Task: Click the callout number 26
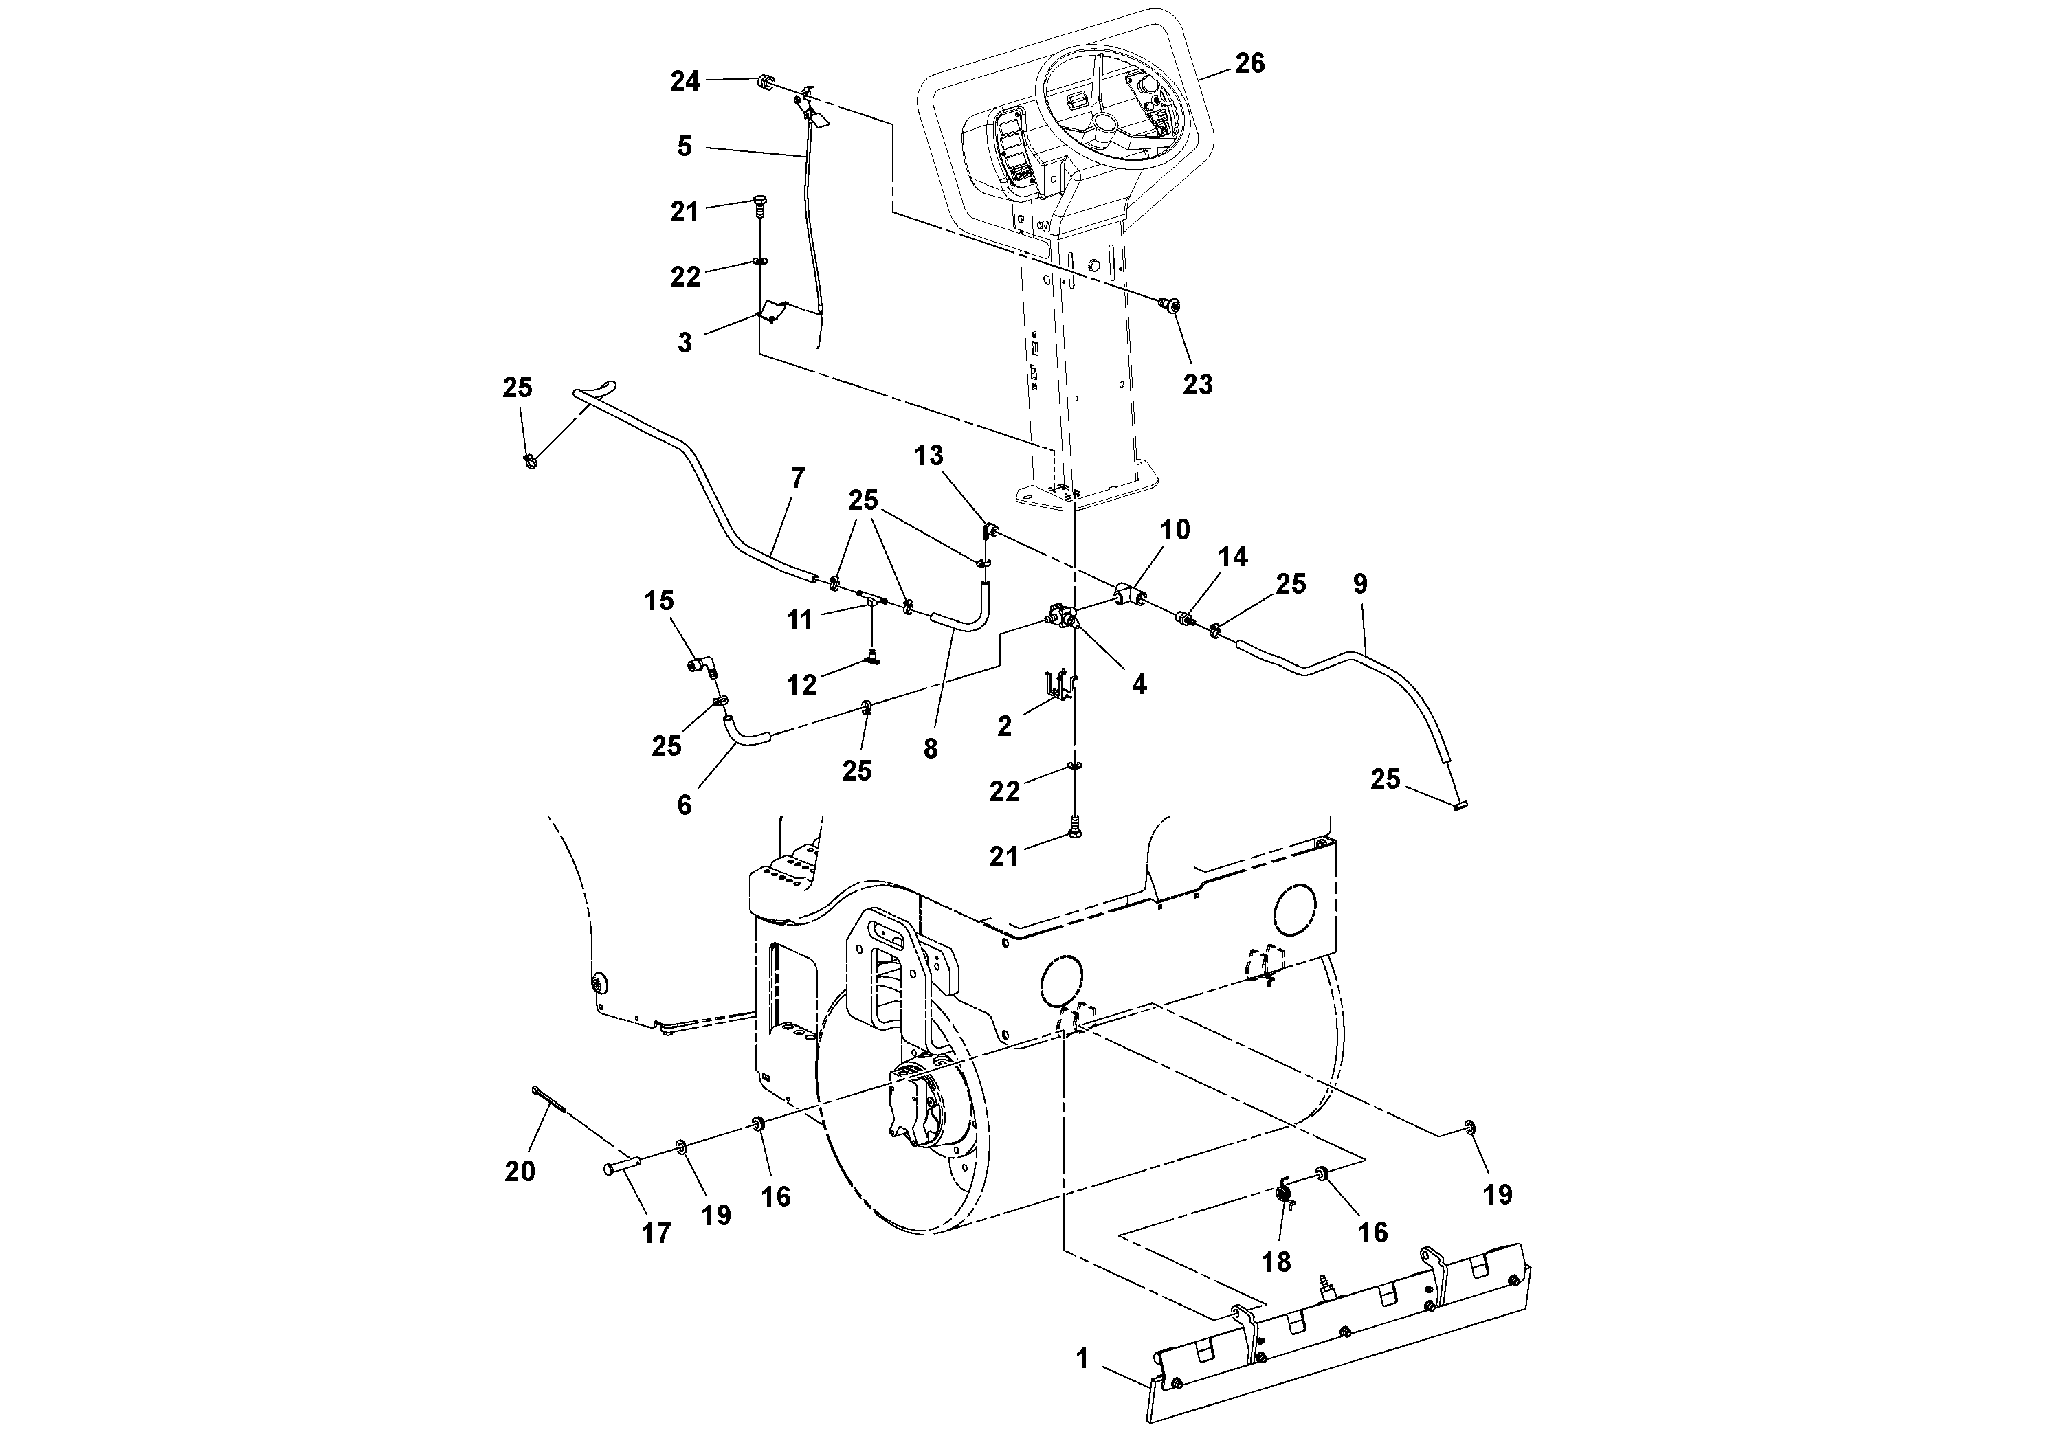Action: [x=1249, y=63]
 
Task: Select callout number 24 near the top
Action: [x=685, y=82]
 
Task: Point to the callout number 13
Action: [x=928, y=456]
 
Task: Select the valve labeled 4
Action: [x=1063, y=616]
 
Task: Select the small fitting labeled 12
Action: [x=874, y=660]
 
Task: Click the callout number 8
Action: [x=931, y=749]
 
